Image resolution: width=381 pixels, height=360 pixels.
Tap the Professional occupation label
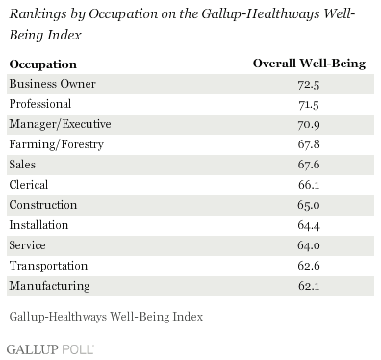pyautogui.click(x=39, y=102)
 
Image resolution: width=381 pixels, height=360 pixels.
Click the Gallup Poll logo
pyautogui.click(x=42, y=345)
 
